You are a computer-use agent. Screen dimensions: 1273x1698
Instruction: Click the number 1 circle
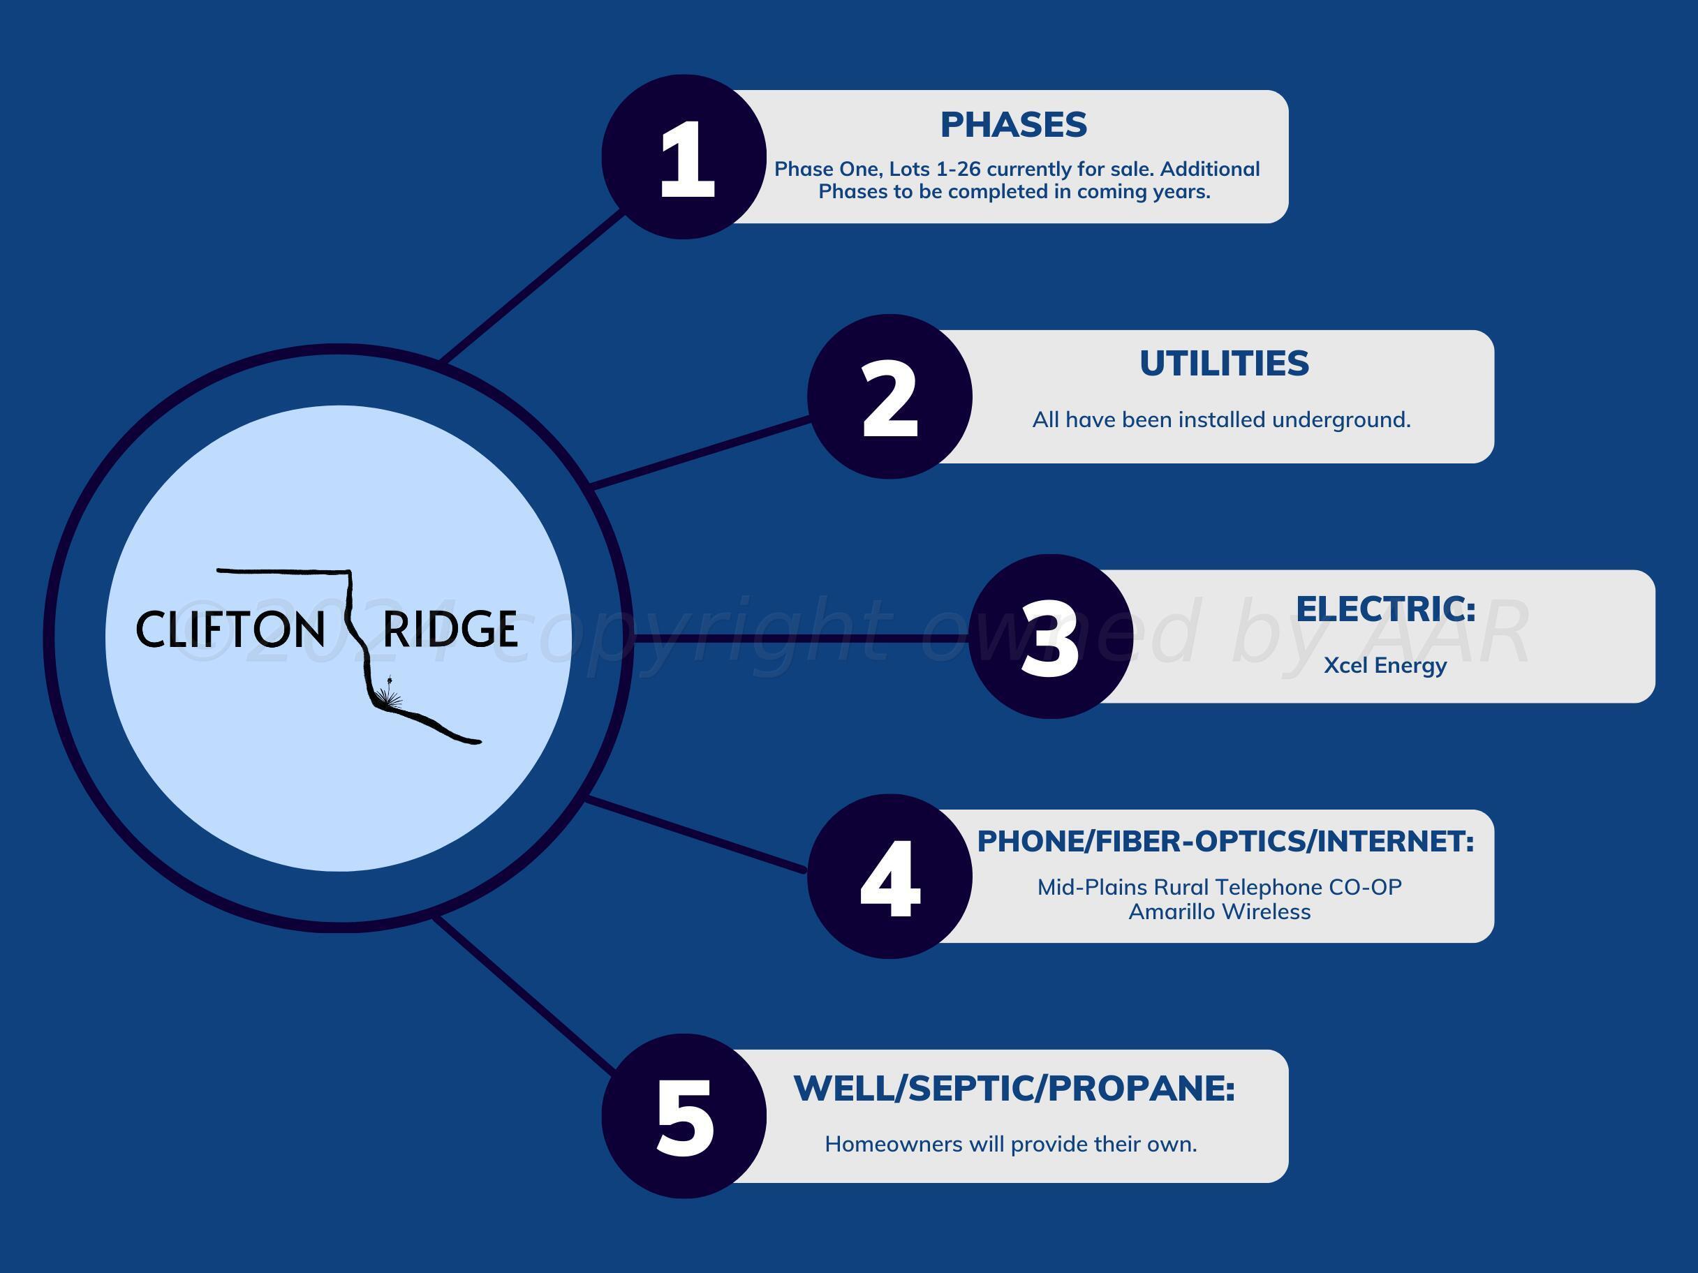point(684,156)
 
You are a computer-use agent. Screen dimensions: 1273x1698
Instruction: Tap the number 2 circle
point(889,396)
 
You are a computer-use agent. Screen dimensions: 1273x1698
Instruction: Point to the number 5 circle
point(684,1116)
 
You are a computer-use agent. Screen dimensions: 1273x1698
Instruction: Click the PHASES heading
point(1013,125)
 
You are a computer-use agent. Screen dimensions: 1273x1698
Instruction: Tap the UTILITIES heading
point(1224,364)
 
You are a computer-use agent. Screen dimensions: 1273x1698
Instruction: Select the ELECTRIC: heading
point(1386,609)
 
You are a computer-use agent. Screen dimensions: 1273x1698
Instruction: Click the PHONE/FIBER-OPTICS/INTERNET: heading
point(1225,841)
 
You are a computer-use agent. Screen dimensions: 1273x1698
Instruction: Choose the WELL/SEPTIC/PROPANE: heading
point(1013,1088)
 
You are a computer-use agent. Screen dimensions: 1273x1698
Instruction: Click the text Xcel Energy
point(1385,665)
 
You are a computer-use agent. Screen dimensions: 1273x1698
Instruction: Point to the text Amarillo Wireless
point(1219,911)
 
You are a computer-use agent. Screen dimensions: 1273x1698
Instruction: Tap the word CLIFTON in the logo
point(230,630)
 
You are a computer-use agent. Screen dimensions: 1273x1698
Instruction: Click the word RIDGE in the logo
point(450,630)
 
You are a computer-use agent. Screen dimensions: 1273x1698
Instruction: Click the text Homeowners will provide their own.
point(1010,1144)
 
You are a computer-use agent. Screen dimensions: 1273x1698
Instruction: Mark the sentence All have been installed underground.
point(1220,419)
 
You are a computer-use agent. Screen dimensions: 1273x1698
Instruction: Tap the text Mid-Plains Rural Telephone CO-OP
point(1219,887)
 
